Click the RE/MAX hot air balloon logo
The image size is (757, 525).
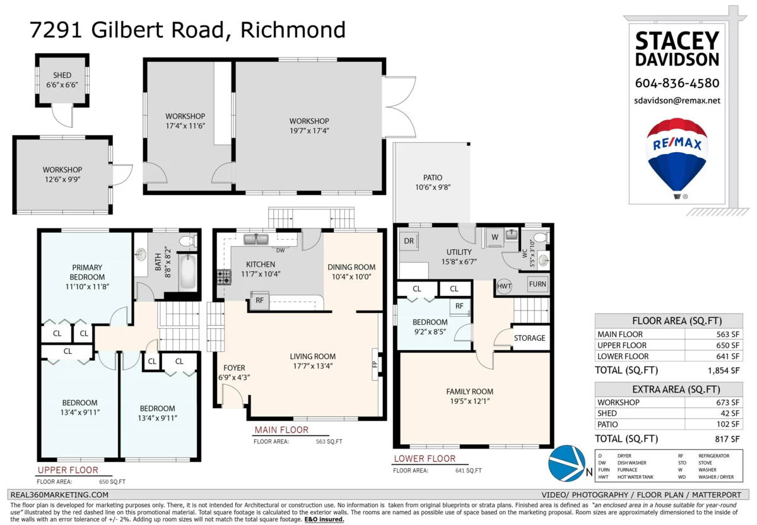677,158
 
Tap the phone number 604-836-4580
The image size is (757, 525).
677,83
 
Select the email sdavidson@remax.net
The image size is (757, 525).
677,101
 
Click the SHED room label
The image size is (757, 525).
62,75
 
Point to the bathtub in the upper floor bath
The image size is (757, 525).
187,272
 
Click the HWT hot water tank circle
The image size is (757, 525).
504,286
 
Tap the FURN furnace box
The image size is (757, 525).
537,284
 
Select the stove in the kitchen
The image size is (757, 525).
224,277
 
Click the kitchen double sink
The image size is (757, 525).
256,239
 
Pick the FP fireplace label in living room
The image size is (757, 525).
375,364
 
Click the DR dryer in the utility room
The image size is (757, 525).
409,241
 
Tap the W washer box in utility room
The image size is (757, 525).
495,237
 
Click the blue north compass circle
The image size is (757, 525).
566,463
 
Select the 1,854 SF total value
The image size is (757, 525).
724,370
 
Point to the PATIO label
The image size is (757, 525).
433,177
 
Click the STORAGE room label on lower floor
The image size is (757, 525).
529,338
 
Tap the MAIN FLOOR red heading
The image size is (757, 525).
281,430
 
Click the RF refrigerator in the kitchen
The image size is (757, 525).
259,300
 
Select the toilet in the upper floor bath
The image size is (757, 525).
187,242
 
